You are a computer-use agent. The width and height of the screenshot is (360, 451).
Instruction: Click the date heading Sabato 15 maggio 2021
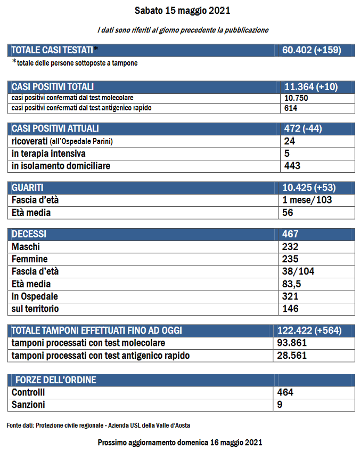click(182, 11)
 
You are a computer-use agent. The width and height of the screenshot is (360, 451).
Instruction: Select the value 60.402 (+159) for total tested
click(312, 50)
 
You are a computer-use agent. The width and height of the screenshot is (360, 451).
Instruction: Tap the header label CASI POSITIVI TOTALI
click(53, 87)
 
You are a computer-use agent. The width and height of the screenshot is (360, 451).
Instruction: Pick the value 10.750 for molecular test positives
click(297, 98)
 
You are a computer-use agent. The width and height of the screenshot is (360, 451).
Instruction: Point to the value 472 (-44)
click(303, 128)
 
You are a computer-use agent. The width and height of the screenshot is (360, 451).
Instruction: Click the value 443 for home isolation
click(292, 166)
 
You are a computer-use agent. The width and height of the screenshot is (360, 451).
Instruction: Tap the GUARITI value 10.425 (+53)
click(309, 188)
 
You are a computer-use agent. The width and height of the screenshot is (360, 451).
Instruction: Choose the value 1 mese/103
click(308, 200)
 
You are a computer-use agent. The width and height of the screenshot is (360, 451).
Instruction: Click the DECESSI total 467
click(291, 234)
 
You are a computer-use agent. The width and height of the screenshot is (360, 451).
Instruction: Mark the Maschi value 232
click(291, 247)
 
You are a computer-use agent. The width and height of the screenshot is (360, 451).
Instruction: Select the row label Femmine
click(29, 259)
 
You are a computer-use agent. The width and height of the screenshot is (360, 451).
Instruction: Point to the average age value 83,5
click(292, 284)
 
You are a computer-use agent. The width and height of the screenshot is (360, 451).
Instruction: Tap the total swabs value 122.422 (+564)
click(309, 331)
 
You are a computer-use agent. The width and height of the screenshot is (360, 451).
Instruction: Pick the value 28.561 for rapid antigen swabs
click(292, 356)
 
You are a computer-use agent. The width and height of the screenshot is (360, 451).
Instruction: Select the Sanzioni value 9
click(280, 405)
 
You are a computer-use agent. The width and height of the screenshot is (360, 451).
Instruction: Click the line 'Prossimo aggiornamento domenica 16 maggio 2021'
click(180, 442)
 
